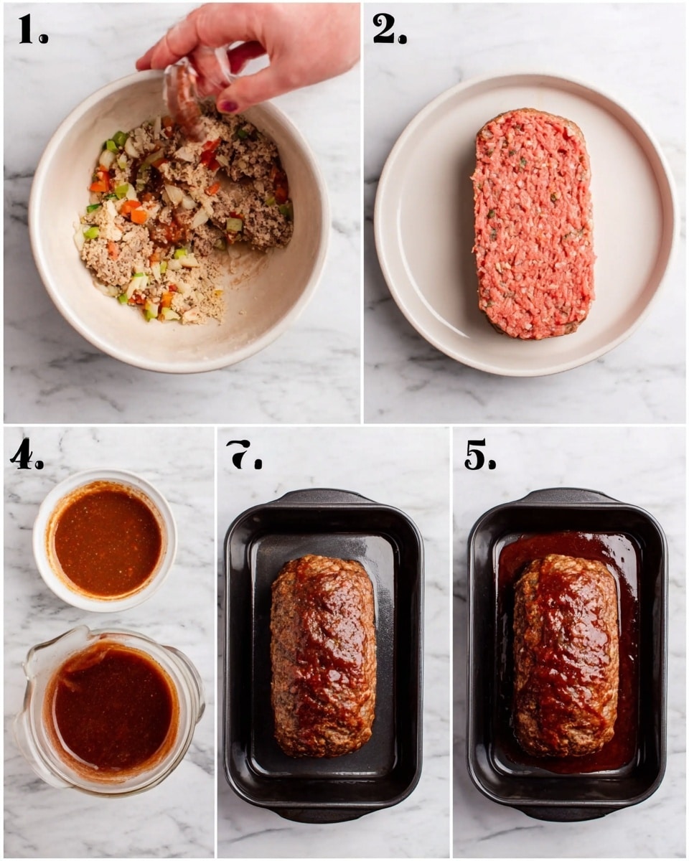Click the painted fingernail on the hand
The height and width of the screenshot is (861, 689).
click(x=228, y=106)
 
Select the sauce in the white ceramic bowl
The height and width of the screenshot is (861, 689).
click(x=108, y=541)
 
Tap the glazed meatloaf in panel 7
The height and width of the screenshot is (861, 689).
click(x=323, y=654)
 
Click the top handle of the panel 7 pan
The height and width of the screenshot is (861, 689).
click(x=324, y=496)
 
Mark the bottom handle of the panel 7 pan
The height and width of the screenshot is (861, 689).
click(x=324, y=814)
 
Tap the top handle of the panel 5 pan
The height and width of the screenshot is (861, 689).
click(x=568, y=496)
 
